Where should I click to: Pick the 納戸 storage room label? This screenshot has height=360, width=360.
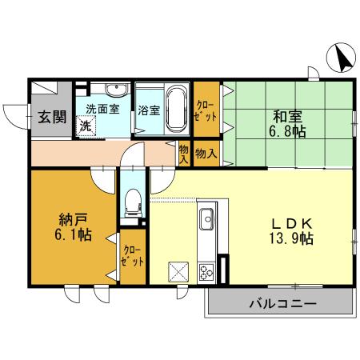point(71,218)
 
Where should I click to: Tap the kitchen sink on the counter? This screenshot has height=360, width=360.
point(206,217)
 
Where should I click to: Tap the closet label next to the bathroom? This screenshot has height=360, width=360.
point(206,110)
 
